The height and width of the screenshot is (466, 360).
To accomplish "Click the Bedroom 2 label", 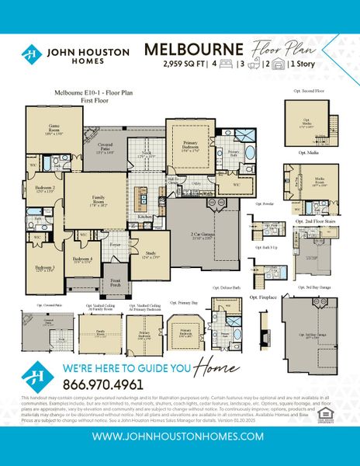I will click(44, 189).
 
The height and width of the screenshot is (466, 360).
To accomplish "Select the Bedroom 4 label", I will click(82, 259).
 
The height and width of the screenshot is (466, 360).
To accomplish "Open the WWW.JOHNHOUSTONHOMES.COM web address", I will click(179, 437).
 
